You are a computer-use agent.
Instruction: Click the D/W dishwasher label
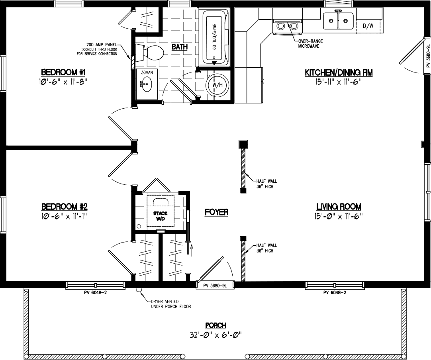pyautogui.click(x=368, y=26)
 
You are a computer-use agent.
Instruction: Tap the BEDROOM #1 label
pyautogui.click(x=64, y=72)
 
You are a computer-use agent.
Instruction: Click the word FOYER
pyautogui.click(x=216, y=212)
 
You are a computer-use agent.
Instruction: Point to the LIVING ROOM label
pyautogui.click(x=339, y=207)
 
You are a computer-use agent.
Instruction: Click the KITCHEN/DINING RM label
pyautogui.click(x=338, y=72)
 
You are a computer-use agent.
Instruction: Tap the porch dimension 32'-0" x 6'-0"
pyautogui.click(x=215, y=335)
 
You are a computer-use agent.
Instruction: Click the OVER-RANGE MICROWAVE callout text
pyautogui.click(x=307, y=43)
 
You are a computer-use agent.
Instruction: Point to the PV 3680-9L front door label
pyautogui.click(x=215, y=286)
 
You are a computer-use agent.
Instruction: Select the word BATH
pyautogui.click(x=180, y=47)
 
